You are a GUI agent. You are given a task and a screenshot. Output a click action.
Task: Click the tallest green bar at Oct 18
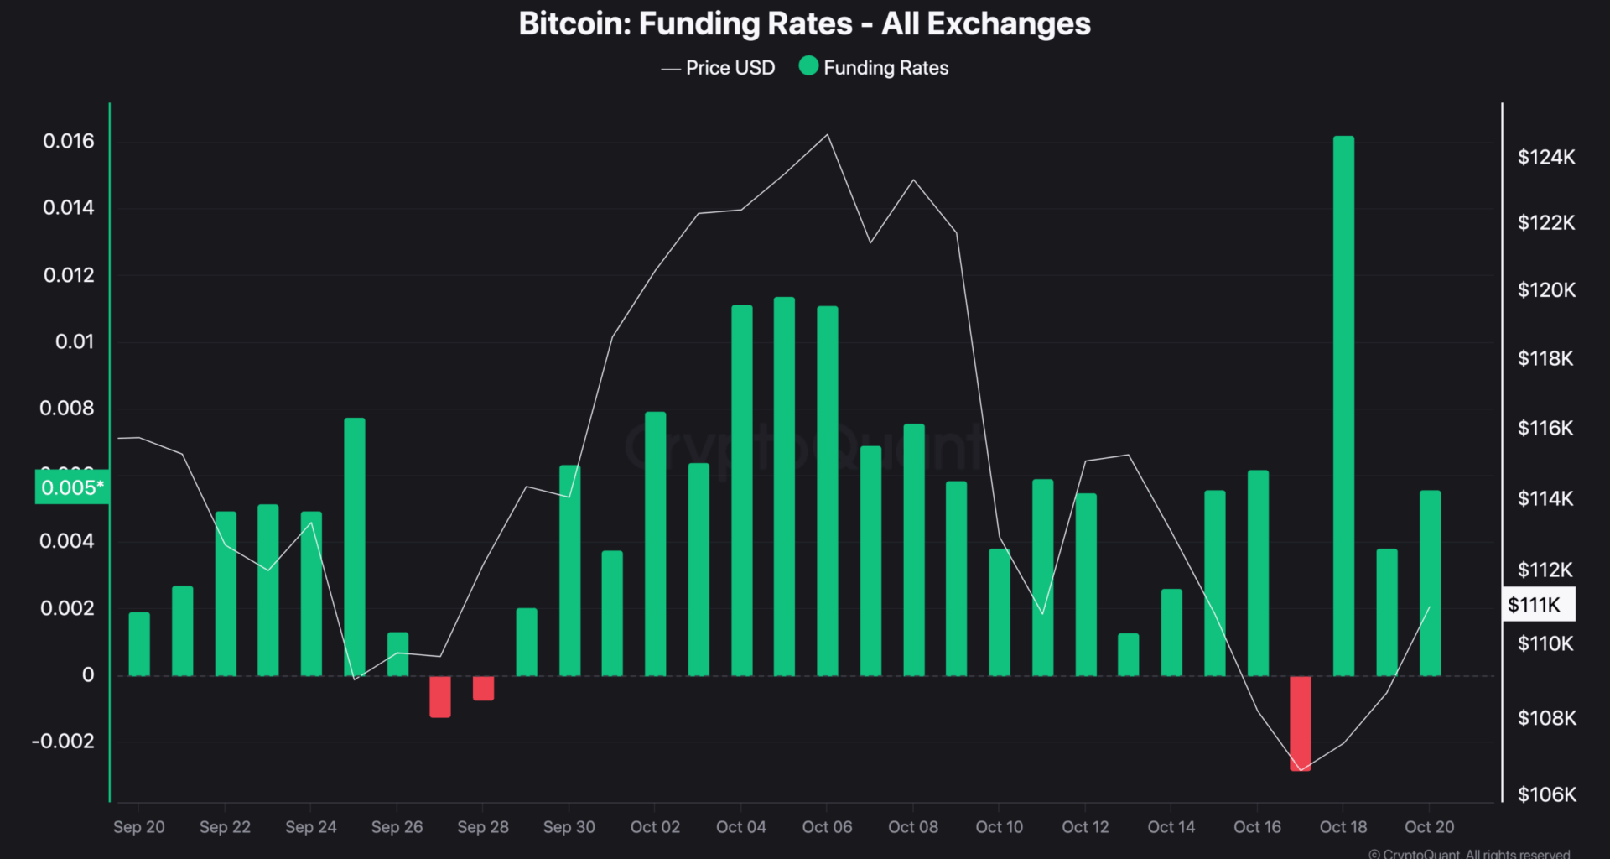pyautogui.click(x=1343, y=406)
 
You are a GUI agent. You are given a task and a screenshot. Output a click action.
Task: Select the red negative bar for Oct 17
pyautogui.click(x=1300, y=723)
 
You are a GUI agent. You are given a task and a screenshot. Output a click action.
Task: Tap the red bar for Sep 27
pyautogui.click(x=440, y=696)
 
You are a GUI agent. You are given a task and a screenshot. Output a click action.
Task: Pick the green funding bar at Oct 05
pyautogui.click(x=784, y=487)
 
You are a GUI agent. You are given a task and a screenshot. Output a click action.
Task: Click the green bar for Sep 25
pyautogui.click(x=354, y=547)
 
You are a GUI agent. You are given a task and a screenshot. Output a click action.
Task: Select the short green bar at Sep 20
pyautogui.click(x=139, y=644)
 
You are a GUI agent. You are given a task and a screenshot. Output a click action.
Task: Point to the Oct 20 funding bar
pyautogui.click(x=1430, y=583)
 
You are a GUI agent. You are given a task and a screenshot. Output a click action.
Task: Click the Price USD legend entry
pyautogui.click(x=719, y=68)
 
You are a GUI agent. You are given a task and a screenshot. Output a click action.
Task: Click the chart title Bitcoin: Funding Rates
pyautogui.click(x=804, y=23)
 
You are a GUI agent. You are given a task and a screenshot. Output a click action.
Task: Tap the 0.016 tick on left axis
pyautogui.click(x=69, y=141)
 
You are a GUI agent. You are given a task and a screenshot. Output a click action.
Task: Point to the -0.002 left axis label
pyautogui.click(x=63, y=742)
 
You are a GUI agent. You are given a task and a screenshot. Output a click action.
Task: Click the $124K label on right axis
pyautogui.click(x=1546, y=157)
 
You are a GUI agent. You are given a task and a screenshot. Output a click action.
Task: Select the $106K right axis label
pyautogui.click(x=1546, y=794)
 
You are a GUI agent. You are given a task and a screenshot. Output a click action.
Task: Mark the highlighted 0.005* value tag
pyautogui.click(x=72, y=487)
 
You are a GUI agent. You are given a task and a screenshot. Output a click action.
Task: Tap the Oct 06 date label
pyautogui.click(x=827, y=827)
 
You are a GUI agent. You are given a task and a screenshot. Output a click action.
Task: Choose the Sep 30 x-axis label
pyautogui.click(x=569, y=827)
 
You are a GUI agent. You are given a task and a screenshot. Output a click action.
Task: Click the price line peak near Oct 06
pyautogui.click(x=828, y=135)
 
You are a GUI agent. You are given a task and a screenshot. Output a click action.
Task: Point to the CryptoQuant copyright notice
pyautogui.click(x=1469, y=853)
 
